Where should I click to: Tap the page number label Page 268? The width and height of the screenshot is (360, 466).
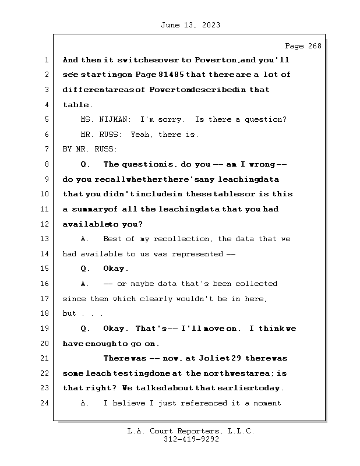tap(302, 46)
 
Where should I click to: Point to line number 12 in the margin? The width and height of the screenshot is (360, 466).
tap(45, 224)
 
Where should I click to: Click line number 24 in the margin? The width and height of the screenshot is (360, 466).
tap(45, 403)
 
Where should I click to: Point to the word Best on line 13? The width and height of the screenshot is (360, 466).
tap(113, 239)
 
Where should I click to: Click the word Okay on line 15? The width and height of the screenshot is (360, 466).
tap(115, 269)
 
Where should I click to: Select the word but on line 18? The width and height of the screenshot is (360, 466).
tap(69, 313)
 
